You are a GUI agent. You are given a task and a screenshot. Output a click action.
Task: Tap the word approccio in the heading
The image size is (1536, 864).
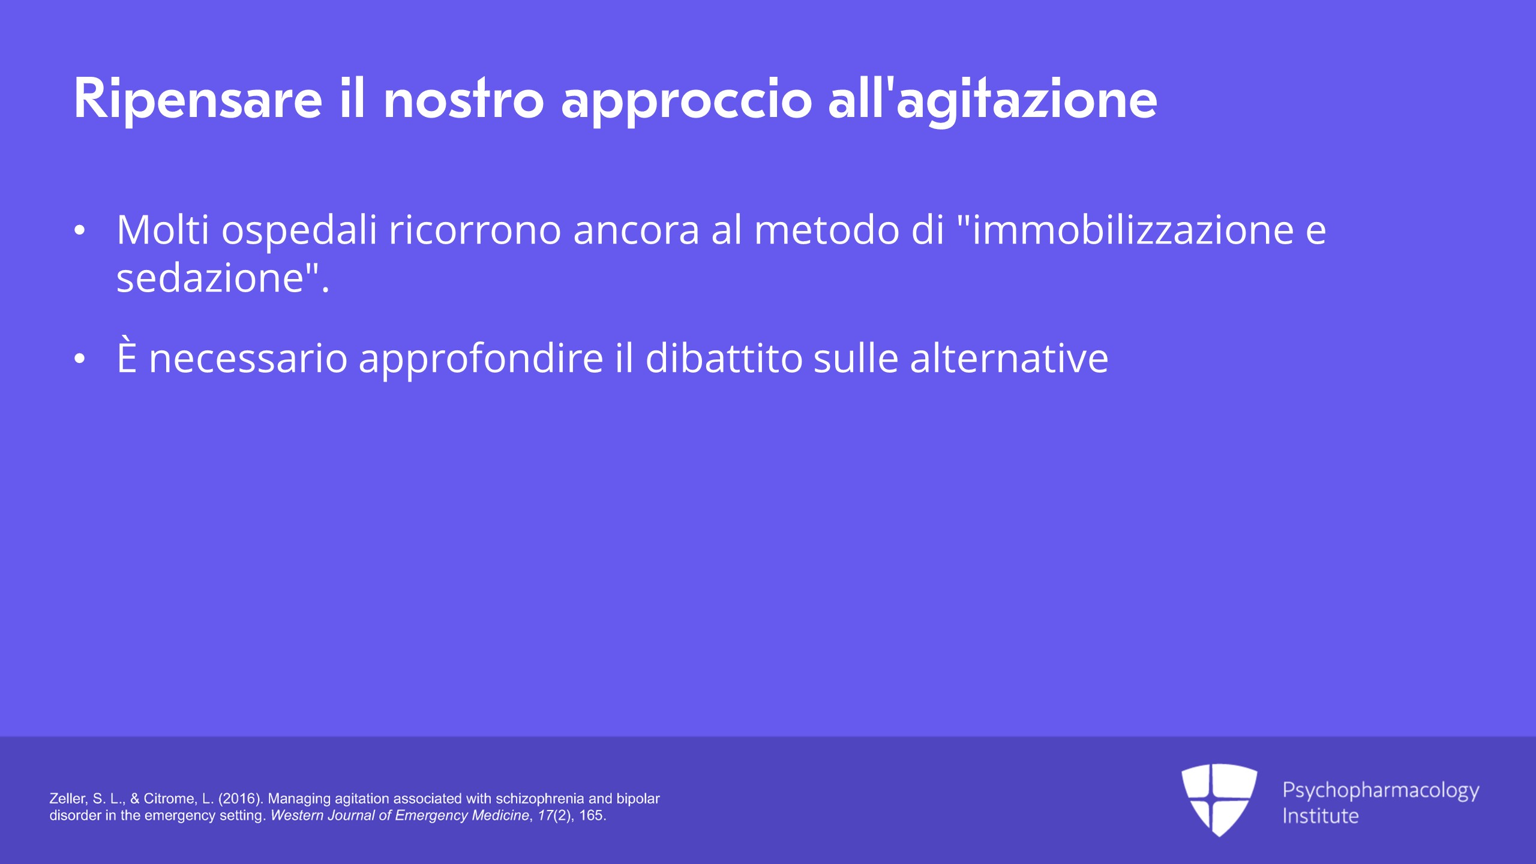tap(686, 100)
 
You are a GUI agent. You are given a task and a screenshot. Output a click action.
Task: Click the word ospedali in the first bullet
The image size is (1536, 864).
tap(299, 232)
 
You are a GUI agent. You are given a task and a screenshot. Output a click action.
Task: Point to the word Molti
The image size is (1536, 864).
tap(163, 230)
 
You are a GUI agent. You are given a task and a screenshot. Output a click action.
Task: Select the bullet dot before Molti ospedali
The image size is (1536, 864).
tap(79, 231)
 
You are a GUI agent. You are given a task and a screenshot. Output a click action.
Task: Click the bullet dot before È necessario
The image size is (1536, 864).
tap(79, 359)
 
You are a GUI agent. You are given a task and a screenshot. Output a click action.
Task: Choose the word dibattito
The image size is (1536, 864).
tap(724, 358)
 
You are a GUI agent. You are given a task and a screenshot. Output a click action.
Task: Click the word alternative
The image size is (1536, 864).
tap(1009, 358)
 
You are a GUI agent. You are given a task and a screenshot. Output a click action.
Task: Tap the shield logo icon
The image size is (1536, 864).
tap(1219, 799)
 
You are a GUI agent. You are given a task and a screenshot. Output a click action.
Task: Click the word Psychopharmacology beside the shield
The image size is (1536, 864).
tap(1381, 791)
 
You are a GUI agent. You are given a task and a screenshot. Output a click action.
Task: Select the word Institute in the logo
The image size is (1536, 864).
tap(1321, 816)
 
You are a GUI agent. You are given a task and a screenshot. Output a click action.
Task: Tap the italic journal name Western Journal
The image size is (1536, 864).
tap(323, 815)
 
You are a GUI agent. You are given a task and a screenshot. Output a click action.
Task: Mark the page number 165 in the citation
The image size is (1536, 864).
tap(592, 815)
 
